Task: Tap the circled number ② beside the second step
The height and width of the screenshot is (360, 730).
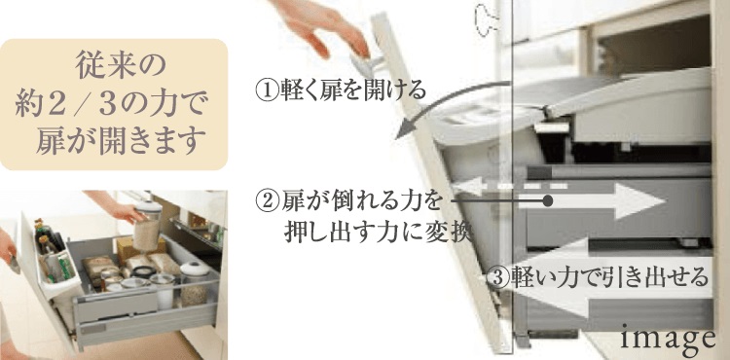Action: click(268, 200)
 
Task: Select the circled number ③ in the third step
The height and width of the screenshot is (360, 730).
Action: click(497, 278)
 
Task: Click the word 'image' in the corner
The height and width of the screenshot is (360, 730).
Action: click(668, 339)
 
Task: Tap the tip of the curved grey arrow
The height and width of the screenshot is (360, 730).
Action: click(397, 136)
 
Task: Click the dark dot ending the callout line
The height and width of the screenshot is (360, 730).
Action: click(548, 200)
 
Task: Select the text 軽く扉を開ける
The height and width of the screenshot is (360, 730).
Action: click(352, 90)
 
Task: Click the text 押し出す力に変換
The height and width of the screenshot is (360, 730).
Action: click(378, 232)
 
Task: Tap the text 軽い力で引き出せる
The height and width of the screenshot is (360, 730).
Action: click(609, 278)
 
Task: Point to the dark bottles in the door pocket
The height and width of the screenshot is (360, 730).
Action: click(49, 239)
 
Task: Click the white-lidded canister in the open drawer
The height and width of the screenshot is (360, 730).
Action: click(195, 283)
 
